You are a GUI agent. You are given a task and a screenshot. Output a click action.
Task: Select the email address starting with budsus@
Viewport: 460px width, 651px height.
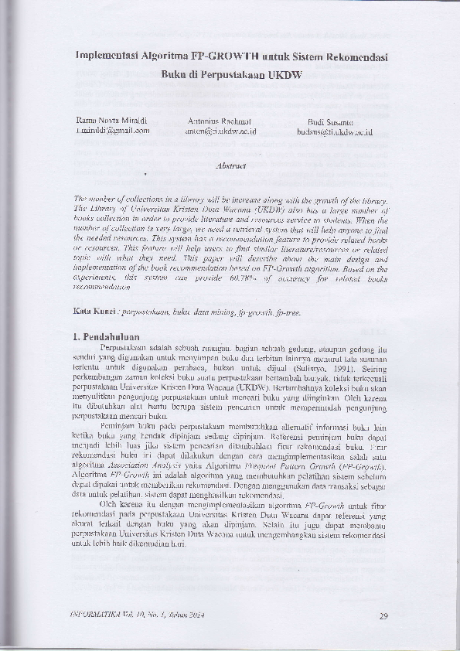coord(335,132)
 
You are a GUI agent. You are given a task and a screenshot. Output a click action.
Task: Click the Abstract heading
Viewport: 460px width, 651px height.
coord(230,165)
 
